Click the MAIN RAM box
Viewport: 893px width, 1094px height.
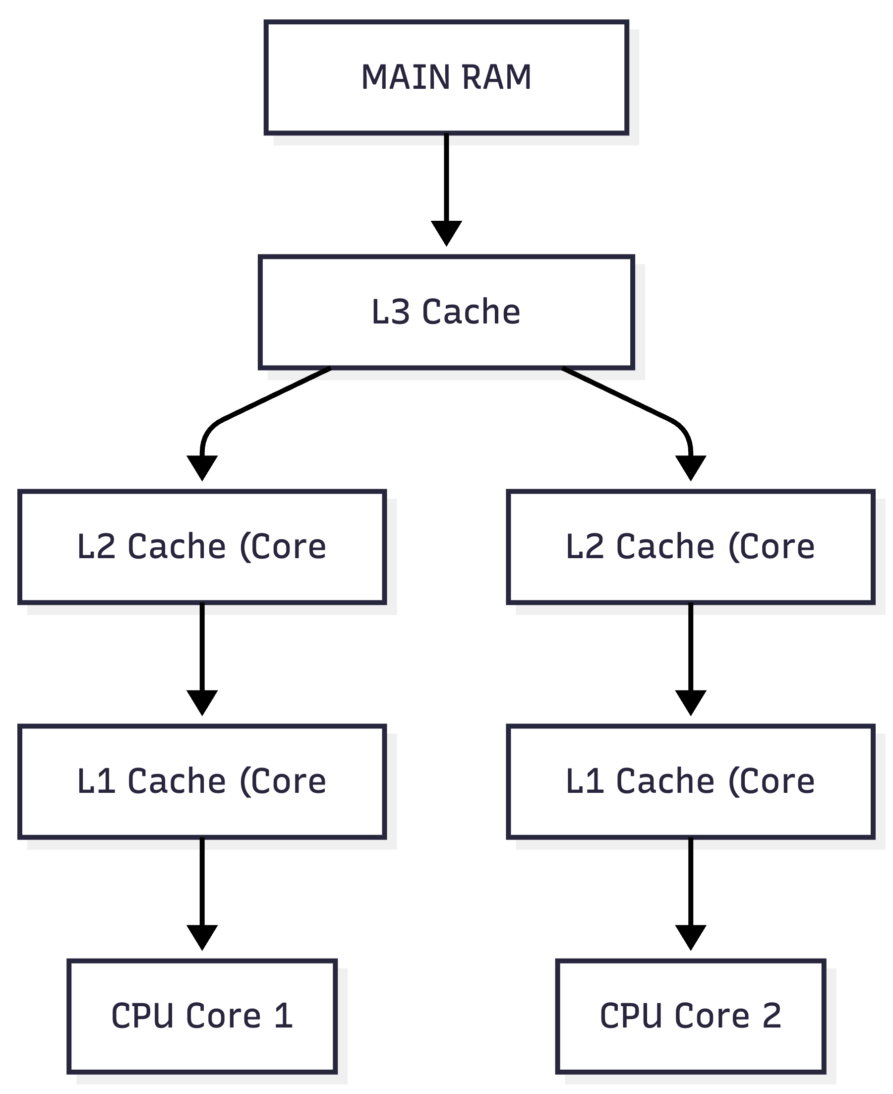point(446,78)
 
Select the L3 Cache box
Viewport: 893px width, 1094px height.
point(446,313)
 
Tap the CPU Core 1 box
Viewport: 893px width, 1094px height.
point(202,1016)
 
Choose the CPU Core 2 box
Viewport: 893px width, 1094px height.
point(690,1016)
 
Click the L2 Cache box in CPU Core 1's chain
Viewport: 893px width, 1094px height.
point(202,547)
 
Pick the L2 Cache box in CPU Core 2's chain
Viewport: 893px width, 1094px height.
point(690,547)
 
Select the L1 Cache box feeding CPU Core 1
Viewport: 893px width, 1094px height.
point(202,781)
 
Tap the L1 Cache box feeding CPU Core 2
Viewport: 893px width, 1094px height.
point(690,781)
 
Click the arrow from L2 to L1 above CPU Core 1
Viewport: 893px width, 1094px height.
point(202,660)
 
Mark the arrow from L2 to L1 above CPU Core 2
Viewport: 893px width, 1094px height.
point(690,660)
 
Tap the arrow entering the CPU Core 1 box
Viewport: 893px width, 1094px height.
point(202,895)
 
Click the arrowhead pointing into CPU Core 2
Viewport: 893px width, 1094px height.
point(690,938)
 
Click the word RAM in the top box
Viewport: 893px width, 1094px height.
point(496,78)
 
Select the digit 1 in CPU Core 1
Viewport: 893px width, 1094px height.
point(284,1016)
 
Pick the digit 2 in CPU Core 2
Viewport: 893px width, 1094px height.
point(772,1016)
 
